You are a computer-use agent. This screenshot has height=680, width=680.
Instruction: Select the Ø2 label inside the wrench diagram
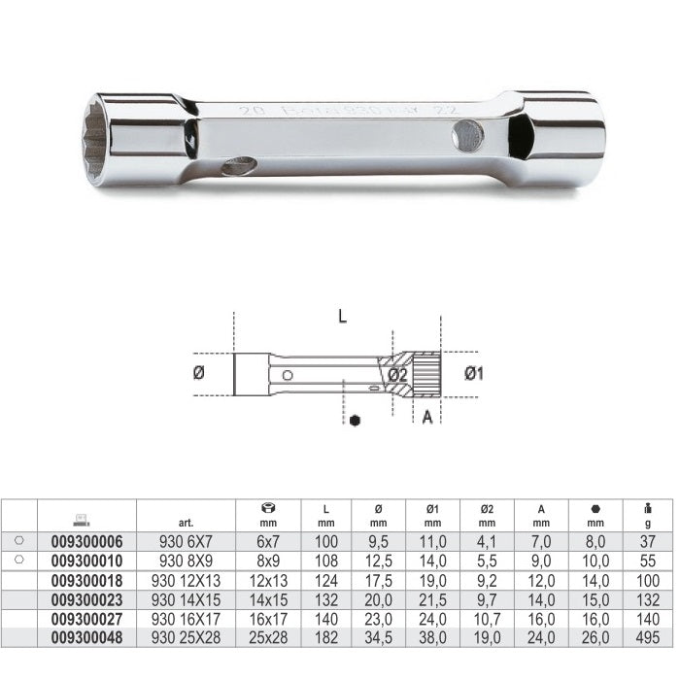tap(397, 375)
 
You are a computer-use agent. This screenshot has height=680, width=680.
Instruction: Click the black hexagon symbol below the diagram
tap(356, 420)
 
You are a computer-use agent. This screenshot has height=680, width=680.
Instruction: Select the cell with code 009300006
tap(86, 541)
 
